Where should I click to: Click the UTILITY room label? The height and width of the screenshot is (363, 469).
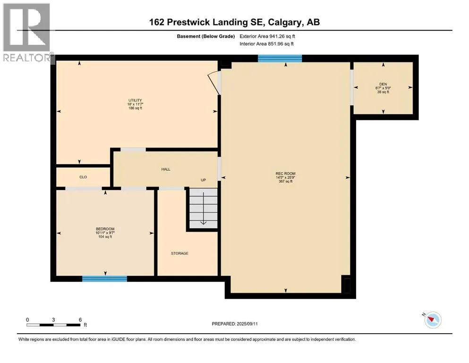[x=135, y=100]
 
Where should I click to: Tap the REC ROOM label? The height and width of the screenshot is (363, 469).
[x=285, y=173]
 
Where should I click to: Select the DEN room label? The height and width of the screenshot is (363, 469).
[x=383, y=85]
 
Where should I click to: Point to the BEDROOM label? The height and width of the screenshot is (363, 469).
[x=105, y=229]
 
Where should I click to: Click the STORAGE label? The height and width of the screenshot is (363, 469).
[x=179, y=253]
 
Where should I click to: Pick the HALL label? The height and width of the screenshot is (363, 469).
[x=166, y=169]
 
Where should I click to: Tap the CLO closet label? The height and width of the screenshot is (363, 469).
[x=83, y=177]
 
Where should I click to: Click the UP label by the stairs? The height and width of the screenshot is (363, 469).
[x=203, y=180]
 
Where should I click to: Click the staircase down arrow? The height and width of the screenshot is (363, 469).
[x=204, y=208]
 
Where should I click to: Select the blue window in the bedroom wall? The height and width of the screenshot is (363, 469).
[x=105, y=278]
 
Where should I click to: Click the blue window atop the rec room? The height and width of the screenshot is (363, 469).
[x=280, y=58]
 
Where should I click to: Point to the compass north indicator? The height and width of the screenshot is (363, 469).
[x=433, y=320]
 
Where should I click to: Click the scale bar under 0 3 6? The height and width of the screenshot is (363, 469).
[x=53, y=325]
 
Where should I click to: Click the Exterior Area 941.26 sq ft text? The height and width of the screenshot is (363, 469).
[x=267, y=36]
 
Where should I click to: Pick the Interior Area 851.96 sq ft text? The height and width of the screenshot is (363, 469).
[x=266, y=43]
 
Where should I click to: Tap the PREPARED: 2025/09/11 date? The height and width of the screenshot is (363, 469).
[x=234, y=324]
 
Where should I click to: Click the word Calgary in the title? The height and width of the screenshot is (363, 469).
[x=285, y=22]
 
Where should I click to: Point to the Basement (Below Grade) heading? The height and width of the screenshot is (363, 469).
[x=206, y=36]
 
